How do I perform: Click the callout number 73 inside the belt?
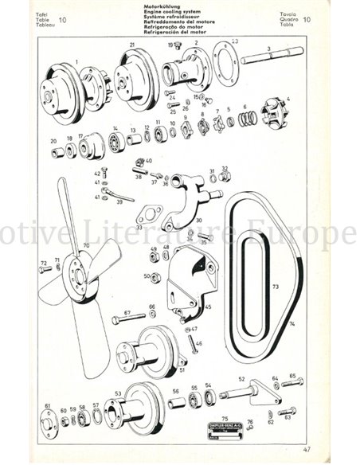274,285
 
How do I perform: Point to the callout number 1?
76,60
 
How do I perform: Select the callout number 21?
131,45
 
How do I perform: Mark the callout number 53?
118,393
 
